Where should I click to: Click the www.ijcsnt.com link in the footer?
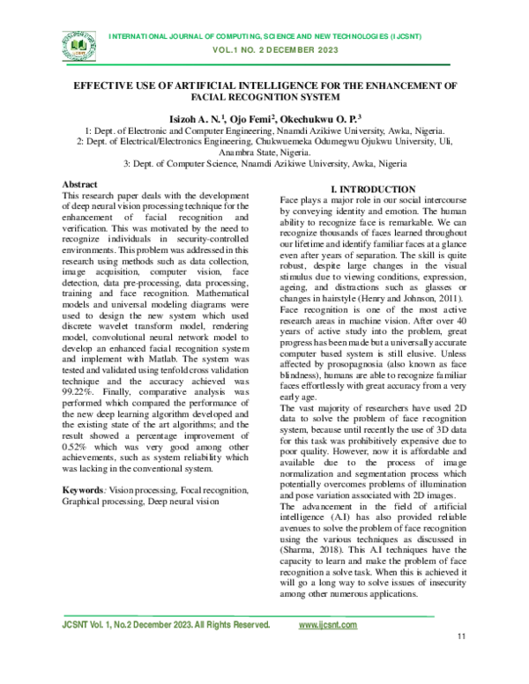click(x=328, y=625)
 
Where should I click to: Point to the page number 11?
click(x=461, y=662)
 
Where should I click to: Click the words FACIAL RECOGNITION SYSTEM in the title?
click(x=264, y=100)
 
